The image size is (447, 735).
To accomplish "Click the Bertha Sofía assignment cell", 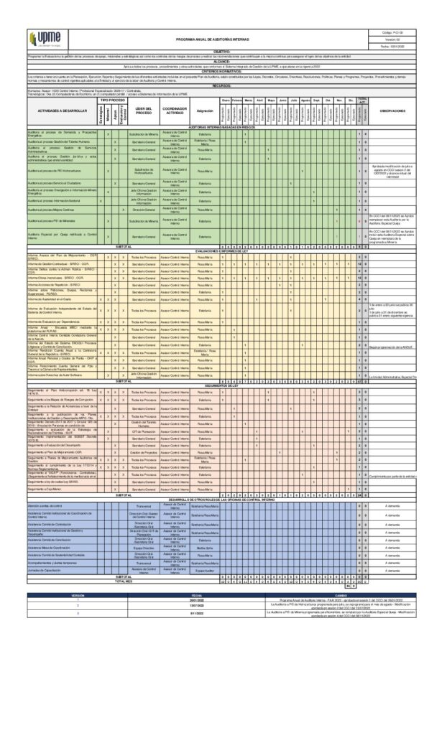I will coord(205,547).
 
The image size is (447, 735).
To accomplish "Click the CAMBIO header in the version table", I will coord(341,595).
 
